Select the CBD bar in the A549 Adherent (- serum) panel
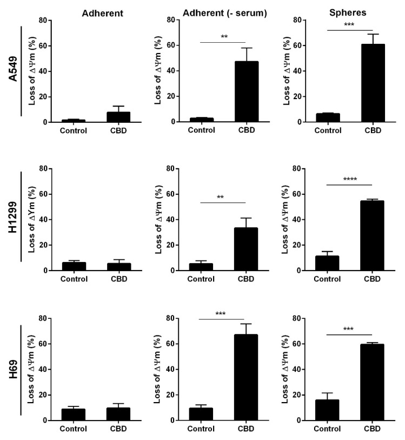point(245,91)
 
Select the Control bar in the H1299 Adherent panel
point(74,266)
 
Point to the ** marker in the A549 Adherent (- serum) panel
point(222,37)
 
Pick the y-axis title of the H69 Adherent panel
point(32,369)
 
